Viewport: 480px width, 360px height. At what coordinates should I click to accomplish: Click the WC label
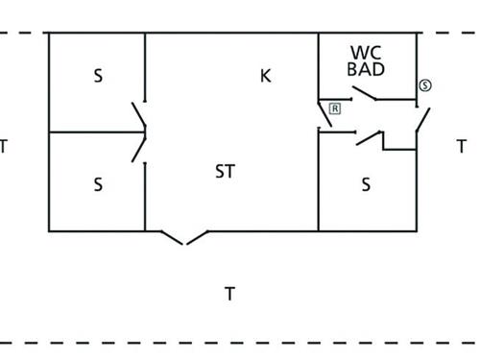pyautogui.click(x=367, y=52)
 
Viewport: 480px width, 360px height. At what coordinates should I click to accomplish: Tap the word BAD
pyautogui.click(x=367, y=69)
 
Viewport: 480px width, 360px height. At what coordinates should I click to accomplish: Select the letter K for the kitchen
pyautogui.click(x=266, y=76)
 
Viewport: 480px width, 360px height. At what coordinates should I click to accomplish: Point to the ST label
pyautogui.click(x=225, y=172)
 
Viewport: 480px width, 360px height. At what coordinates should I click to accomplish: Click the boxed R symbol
pyautogui.click(x=335, y=108)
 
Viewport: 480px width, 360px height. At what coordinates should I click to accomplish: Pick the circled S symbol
pyautogui.click(x=425, y=86)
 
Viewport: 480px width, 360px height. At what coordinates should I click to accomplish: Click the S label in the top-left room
pyautogui.click(x=98, y=76)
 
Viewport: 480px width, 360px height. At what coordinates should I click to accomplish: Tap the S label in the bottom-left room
pyautogui.click(x=98, y=183)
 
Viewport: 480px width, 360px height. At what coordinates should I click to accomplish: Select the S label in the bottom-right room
pyautogui.click(x=366, y=184)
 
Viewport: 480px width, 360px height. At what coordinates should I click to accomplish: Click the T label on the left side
pyautogui.click(x=5, y=147)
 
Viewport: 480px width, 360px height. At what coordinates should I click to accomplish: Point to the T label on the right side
pyautogui.click(x=462, y=147)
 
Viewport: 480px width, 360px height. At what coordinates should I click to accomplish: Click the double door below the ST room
pyautogui.click(x=184, y=236)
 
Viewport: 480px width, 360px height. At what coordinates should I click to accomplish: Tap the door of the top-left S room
pyautogui.click(x=139, y=114)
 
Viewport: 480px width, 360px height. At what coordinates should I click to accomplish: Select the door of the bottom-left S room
pyautogui.click(x=139, y=148)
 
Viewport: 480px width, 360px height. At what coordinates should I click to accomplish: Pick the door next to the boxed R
pyautogui.click(x=324, y=115)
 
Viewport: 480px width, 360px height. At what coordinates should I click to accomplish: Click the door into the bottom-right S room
pyautogui.click(x=369, y=138)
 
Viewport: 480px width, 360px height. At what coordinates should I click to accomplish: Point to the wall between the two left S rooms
pyautogui.click(x=96, y=132)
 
